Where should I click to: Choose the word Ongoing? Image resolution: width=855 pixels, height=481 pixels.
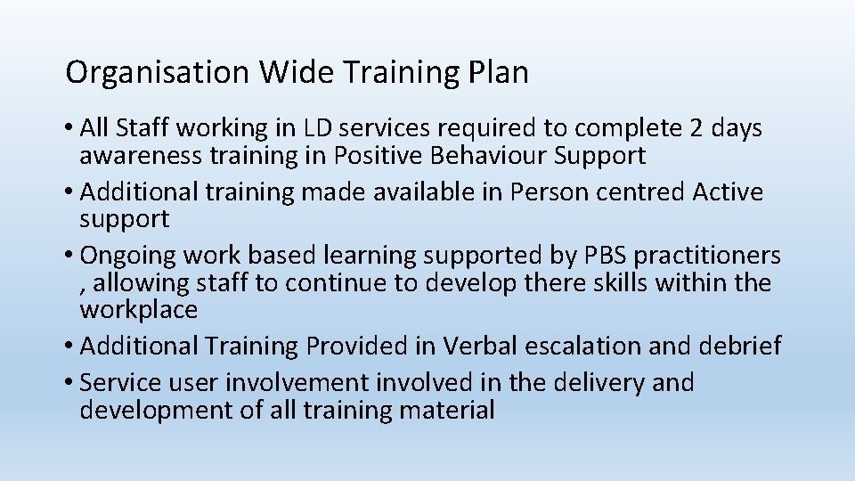coord(128,256)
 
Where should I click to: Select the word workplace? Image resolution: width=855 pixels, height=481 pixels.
coord(138,310)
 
